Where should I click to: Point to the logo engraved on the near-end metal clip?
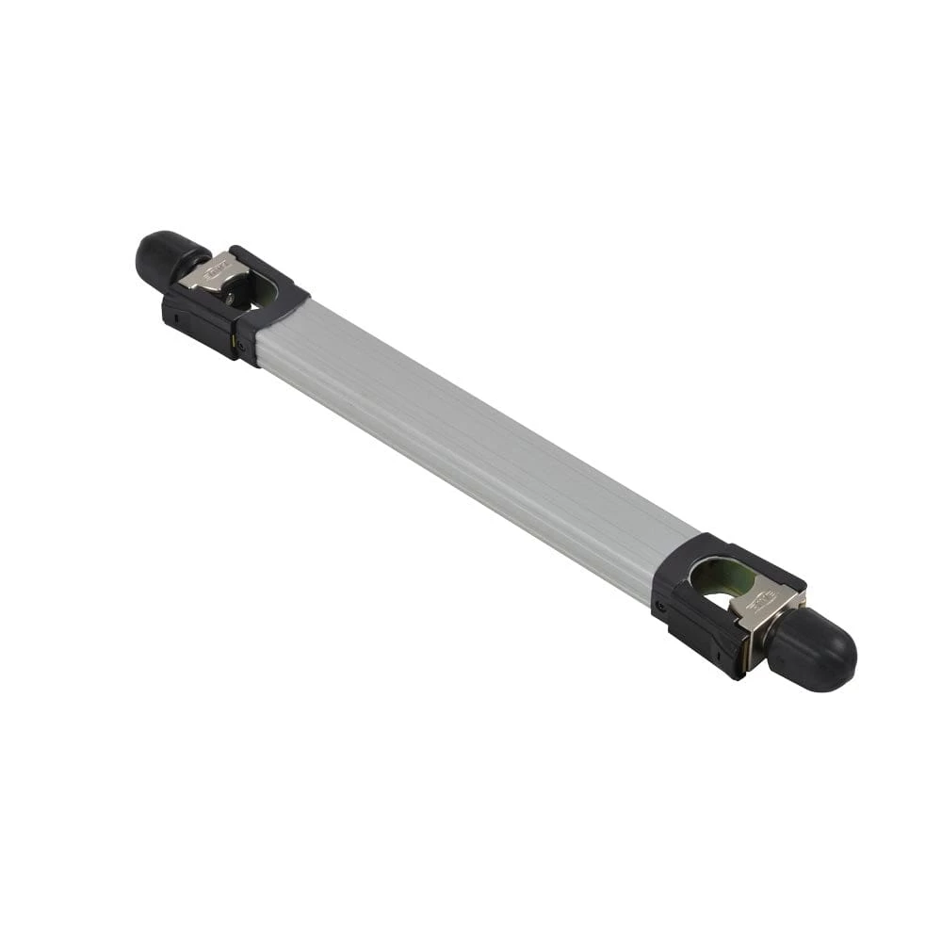pos(761,596)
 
